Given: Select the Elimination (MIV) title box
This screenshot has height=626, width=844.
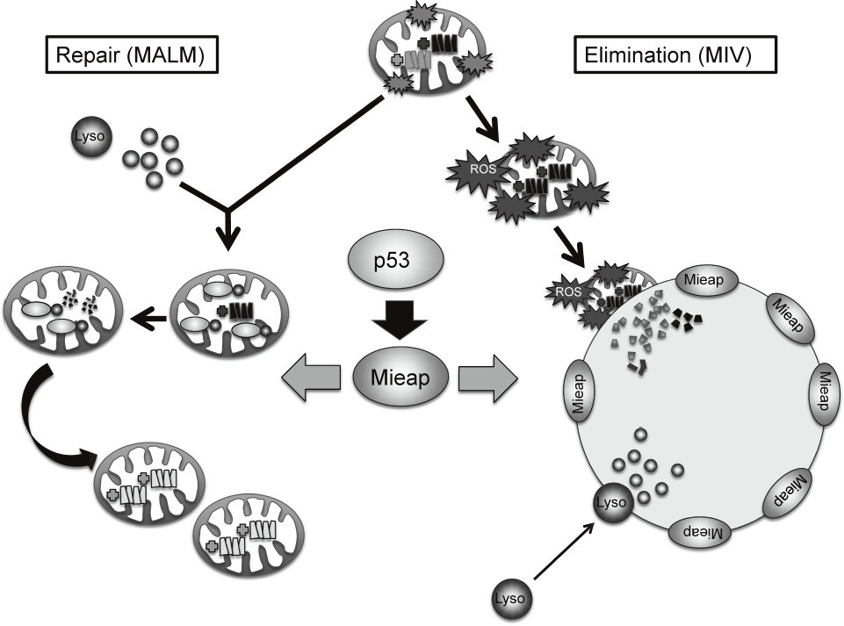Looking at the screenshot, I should (674, 57).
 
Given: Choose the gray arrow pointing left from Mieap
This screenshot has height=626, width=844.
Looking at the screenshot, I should (311, 378).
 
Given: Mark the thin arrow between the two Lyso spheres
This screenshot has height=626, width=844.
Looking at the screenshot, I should (562, 557).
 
